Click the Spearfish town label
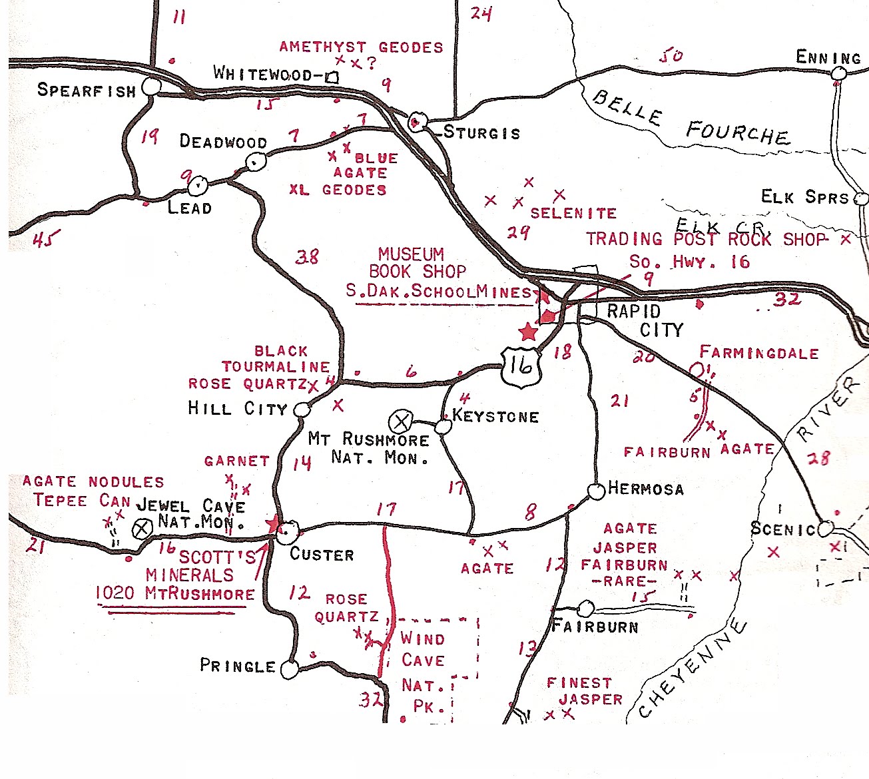click(86, 90)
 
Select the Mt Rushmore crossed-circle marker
click(401, 421)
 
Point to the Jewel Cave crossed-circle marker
click(141, 530)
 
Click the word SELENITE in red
click(573, 214)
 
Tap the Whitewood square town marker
click(332, 77)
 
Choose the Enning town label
click(828, 58)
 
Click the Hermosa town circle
click(596, 491)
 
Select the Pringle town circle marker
click(289, 669)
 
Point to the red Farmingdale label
click(759, 353)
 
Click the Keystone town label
click(495, 417)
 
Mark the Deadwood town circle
click(255, 161)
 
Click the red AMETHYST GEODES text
click(361, 47)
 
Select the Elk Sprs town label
click(805, 197)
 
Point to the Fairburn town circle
click(585, 609)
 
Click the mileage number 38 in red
click(307, 257)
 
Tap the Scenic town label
click(782, 529)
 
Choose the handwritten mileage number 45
click(46, 238)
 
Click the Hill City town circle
click(302, 409)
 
